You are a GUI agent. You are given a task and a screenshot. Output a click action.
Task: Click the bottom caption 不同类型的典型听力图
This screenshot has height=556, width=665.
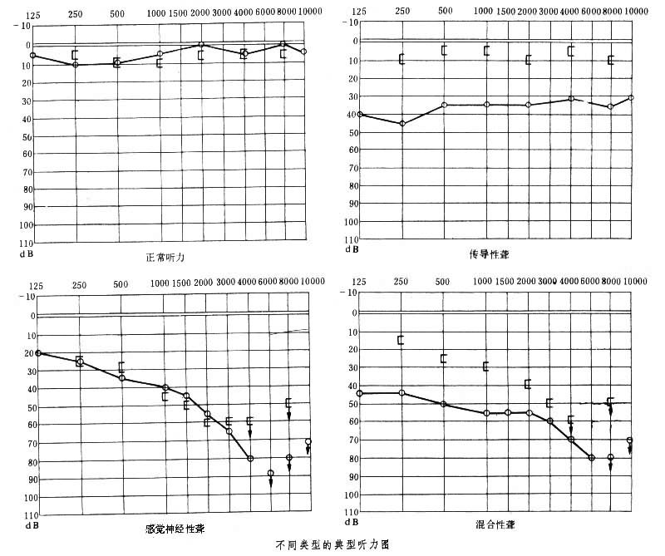(331, 546)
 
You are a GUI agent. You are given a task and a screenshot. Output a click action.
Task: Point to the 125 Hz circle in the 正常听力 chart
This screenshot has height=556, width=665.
(33, 56)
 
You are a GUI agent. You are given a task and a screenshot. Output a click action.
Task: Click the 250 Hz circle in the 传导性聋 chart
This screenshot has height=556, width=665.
(402, 124)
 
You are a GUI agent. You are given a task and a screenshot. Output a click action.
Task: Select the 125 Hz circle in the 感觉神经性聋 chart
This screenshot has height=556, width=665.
(38, 353)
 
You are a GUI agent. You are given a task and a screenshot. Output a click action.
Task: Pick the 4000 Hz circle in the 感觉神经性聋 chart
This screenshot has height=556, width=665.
(250, 458)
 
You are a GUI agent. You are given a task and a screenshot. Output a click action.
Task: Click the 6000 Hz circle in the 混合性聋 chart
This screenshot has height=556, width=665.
(592, 458)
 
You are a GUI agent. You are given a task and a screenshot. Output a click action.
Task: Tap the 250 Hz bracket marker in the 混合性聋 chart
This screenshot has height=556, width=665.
(401, 340)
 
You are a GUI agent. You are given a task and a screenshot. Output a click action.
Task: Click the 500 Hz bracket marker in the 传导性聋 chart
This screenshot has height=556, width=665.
(445, 50)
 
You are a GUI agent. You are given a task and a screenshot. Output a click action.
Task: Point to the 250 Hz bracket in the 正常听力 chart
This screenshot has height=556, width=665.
(75, 55)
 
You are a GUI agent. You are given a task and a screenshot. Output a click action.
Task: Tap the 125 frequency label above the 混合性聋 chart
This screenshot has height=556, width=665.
(360, 283)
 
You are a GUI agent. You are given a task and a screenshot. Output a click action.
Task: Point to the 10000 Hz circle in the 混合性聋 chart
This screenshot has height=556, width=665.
(630, 440)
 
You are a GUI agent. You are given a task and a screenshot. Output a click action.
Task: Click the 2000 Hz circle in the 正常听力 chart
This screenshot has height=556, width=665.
(201, 44)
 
